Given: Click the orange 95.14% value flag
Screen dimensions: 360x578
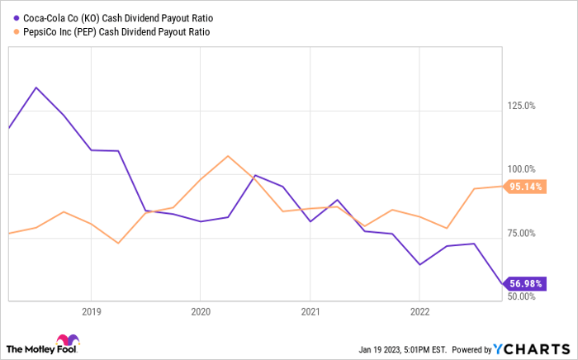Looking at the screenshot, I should pyautogui.click(x=524, y=187).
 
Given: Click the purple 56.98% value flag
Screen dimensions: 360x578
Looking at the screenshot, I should pyautogui.click(x=524, y=284).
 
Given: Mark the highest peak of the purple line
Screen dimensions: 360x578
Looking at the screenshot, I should pyautogui.click(x=35, y=88).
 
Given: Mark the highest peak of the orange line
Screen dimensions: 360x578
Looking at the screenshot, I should pyautogui.click(x=228, y=155).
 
